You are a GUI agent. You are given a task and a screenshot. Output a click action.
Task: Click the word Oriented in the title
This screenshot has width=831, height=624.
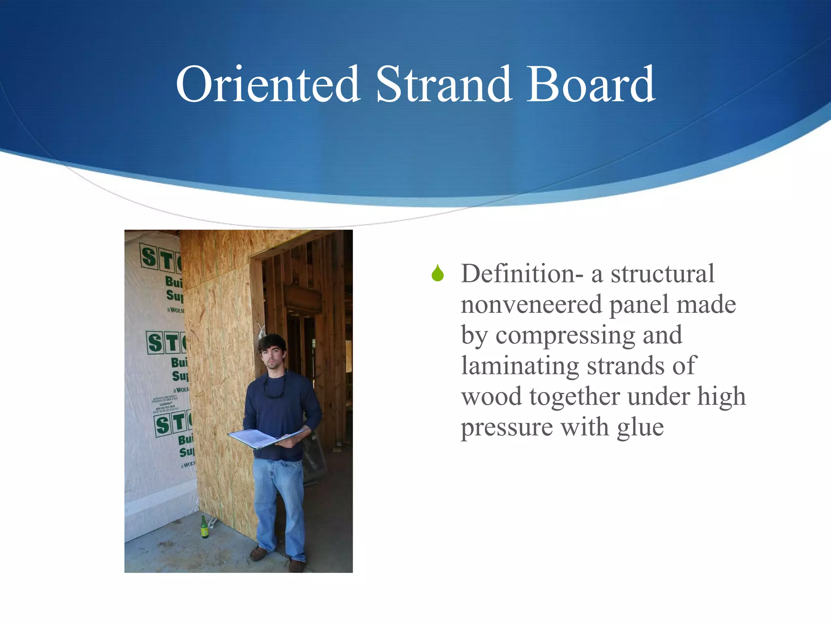(x=268, y=84)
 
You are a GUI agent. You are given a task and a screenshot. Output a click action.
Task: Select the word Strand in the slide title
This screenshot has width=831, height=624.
(x=443, y=84)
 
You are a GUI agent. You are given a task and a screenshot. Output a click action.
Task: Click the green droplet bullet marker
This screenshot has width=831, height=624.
(x=437, y=273)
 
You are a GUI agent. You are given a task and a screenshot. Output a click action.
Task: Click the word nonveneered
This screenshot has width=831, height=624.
(x=531, y=305)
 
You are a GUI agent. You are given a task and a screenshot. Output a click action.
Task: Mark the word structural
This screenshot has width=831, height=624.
(x=662, y=274)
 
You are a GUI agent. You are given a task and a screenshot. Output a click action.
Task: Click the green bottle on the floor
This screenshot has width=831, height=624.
(x=205, y=528)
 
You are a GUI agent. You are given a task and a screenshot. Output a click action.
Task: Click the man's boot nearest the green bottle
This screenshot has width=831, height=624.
(x=258, y=553)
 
